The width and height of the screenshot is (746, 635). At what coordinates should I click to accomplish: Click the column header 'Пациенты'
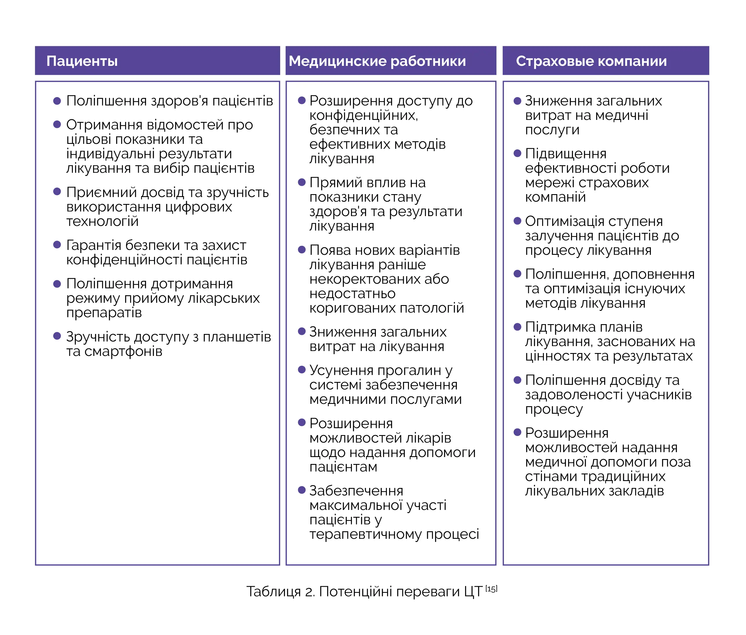pyautogui.click(x=82, y=61)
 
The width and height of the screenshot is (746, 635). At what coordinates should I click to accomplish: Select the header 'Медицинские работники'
pyautogui.click(x=377, y=61)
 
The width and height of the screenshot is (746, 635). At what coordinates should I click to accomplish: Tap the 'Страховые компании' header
pyautogui.click(x=591, y=61)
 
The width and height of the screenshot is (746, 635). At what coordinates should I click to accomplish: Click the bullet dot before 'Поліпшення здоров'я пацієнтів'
pyautogui.click(x=57, y=101)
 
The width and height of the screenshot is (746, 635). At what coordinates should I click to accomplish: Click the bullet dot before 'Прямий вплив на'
pyautogui.click(x=302, y=182)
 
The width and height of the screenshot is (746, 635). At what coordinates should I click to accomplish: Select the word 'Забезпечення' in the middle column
pyautogui.click(x=356, y=491)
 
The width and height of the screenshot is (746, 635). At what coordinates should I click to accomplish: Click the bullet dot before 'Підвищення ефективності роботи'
pyautogui.click(x=517, y=154)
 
